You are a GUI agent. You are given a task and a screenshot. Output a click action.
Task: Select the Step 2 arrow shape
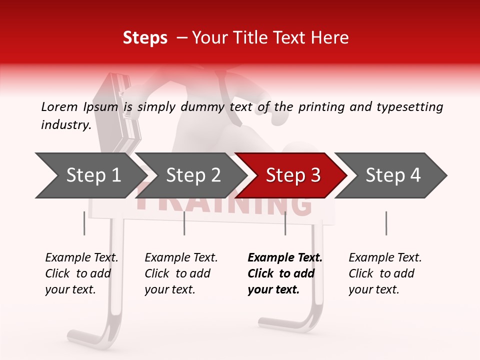tap(192, 175)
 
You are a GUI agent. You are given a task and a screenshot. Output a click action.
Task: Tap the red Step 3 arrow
tap(292, 175)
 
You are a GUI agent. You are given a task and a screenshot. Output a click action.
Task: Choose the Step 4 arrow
tap(392, 175)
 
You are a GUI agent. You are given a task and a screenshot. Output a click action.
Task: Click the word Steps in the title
tap(145, 37)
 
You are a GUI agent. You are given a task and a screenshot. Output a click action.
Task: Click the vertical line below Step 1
tap(84, 223)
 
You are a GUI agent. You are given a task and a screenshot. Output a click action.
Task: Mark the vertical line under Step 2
tap(184, 223)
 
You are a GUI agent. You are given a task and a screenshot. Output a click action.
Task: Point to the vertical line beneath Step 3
tap(285, 223)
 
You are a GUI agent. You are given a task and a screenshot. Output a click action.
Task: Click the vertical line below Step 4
tap(386, 223)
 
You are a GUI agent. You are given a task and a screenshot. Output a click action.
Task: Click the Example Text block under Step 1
tap(81, 273)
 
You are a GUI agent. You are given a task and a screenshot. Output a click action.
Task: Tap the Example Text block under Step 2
tap(181, 273)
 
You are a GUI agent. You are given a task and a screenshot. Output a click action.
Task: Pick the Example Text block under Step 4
tap(385, 273)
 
